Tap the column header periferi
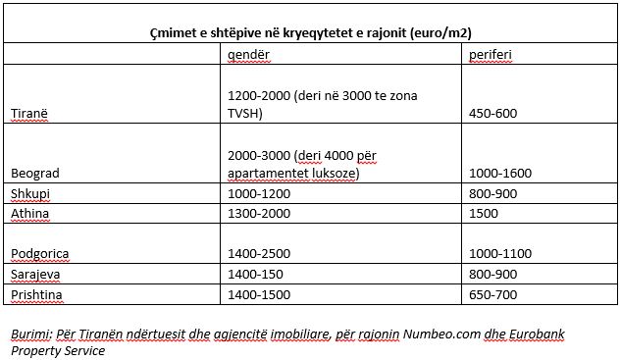coord(492,55)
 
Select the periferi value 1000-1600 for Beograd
coord(502,173)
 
